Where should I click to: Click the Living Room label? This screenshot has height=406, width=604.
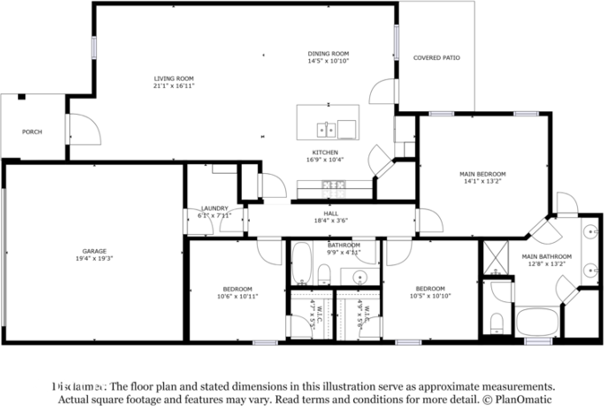[x=174, y=79]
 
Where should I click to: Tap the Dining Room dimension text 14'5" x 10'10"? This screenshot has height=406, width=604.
[x=328, y=62]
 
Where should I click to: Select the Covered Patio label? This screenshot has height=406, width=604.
[x=436, y=57]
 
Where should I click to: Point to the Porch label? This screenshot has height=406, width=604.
[x=32, y=132]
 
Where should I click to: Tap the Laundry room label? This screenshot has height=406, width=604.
[x=214, y=208]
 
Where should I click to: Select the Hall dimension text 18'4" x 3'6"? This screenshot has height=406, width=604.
[x=331, y=220]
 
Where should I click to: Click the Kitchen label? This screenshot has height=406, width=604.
[x=324, y=152]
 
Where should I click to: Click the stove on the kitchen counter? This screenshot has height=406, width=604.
[x=334, y=186]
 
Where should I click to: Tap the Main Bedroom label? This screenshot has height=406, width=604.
[x=482, y=174]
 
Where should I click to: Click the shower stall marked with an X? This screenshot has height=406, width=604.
[x=494, y=258]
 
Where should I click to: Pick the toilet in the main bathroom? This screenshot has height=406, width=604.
[x=496, y=320]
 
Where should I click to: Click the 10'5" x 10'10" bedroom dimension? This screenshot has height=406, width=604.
[x=430, y=296]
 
